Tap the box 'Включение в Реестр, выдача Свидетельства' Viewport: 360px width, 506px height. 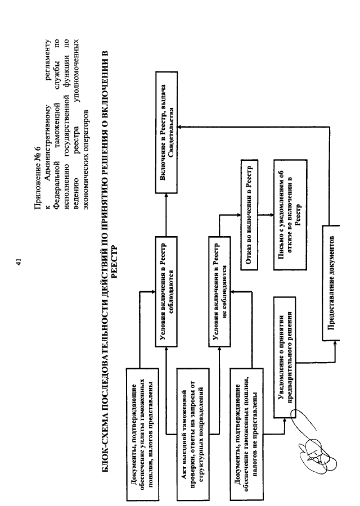[x=166, y=132]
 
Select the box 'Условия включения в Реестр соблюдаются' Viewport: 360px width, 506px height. [x=166, y=292]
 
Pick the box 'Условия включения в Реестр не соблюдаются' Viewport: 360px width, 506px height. [x=219, y=292]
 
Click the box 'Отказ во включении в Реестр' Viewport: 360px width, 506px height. [x=249, y=215]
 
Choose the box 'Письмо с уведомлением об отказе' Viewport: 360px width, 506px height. [x=290, y=215]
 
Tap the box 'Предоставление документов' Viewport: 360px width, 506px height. [x=331, y=283]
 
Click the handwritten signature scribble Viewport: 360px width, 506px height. [x=315, y=445]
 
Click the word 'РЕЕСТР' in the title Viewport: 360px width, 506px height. [x=114, y=263]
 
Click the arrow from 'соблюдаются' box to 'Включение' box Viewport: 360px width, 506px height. [x=166, y=215]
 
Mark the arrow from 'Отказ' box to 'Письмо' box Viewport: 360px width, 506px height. [x=265, y=215]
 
